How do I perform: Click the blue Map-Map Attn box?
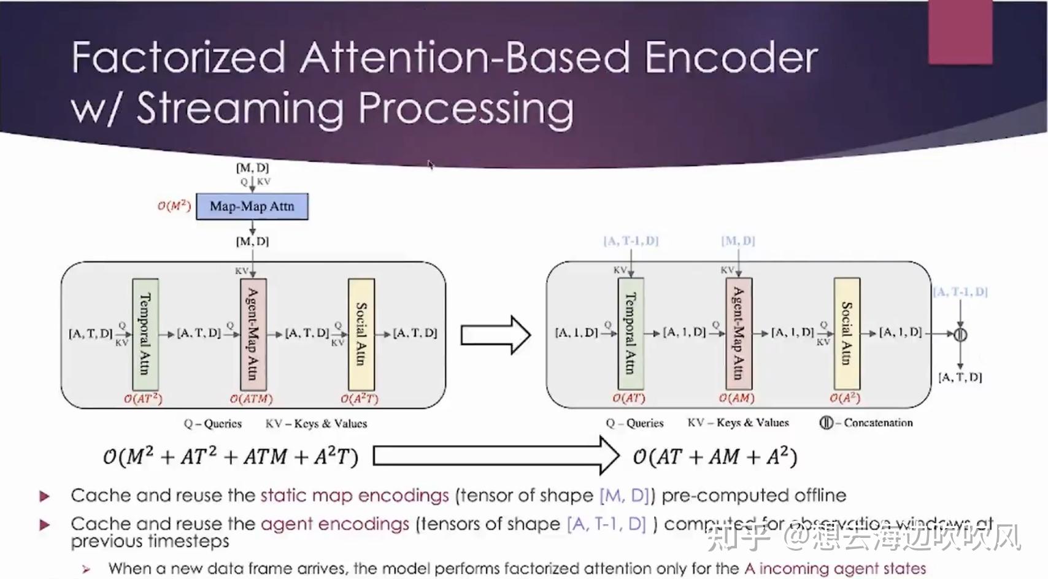252,207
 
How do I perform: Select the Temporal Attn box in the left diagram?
145,334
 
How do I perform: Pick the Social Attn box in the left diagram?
361,334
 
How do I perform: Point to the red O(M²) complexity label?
174,206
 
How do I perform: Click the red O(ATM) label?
251,399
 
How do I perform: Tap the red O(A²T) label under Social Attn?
360,399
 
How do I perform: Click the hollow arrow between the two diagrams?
495,335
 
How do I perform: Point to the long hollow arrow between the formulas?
496,456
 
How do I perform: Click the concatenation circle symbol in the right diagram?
960,334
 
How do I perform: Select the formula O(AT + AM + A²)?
715,457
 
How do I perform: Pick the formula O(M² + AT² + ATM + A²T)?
230,457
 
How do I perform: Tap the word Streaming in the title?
240,109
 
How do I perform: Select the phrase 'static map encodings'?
355,496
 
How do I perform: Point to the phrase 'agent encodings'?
335,524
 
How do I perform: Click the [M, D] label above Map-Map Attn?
252,167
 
